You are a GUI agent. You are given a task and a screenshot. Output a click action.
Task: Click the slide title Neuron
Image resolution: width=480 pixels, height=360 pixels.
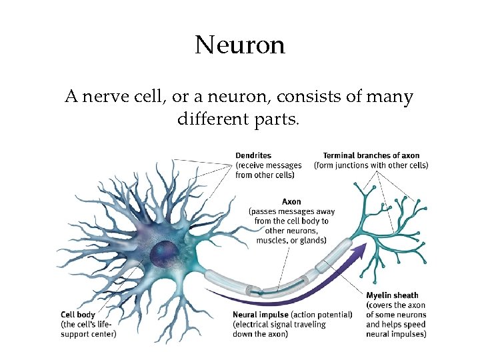tap(240, 45)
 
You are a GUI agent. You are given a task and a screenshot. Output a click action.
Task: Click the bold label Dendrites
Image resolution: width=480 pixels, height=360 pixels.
tap(253, 156)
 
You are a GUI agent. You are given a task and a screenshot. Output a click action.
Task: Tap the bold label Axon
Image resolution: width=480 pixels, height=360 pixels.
tap(291, 201)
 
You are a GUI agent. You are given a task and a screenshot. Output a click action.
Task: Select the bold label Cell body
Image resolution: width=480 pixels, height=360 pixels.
tap(77, 315)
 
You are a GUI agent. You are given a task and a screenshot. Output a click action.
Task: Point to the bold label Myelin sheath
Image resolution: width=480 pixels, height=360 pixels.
tap(392, 295)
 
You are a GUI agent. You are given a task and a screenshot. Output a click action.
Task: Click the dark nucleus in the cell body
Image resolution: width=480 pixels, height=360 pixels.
tap(163, 252)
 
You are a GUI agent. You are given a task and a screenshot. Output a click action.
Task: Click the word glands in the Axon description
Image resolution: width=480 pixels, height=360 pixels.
tap(311, 240)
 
